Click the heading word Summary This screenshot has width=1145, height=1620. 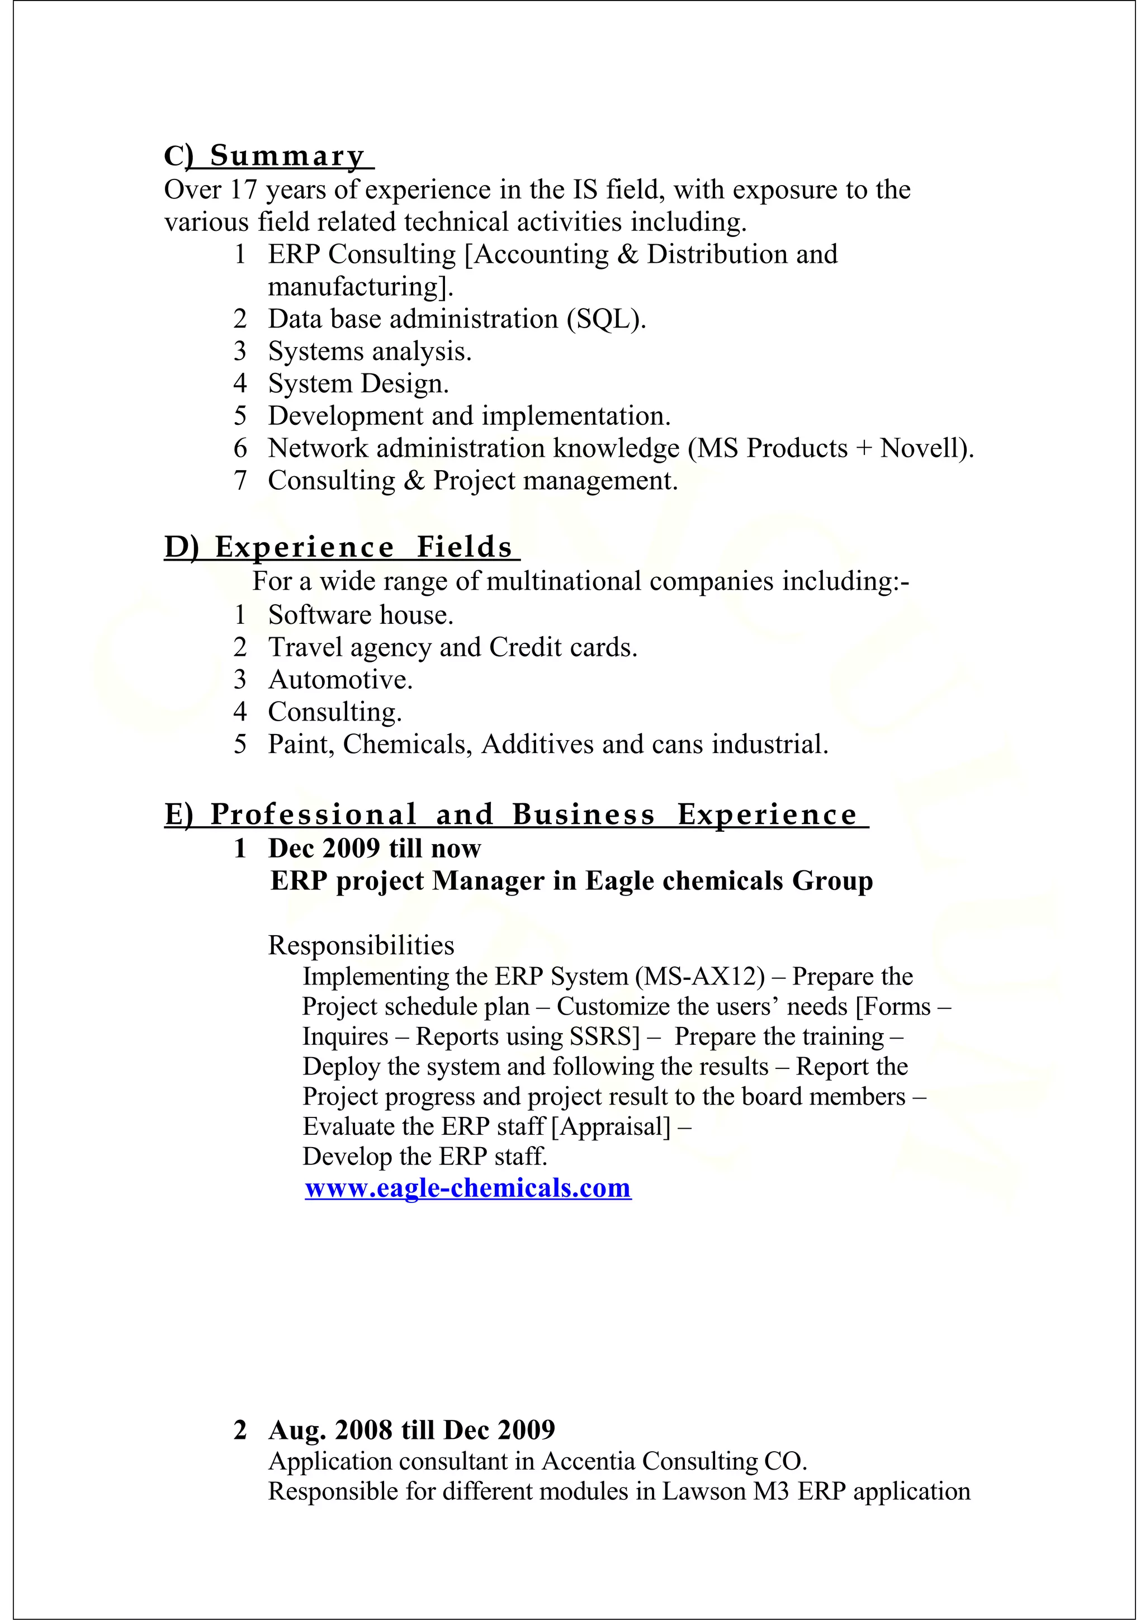coord(287,156)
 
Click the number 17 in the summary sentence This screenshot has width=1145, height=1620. coord(243,190)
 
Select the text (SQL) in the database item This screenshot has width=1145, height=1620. coord(607,320)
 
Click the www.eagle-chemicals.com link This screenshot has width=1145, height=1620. coord(468,1188)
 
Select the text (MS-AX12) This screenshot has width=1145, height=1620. coord(700,977)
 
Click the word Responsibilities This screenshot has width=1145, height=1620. coord(361,945)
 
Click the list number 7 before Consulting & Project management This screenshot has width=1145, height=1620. coord(240,481)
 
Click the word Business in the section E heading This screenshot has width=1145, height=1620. coord(584,815)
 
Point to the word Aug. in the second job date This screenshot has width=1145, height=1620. coord(297,1430)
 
